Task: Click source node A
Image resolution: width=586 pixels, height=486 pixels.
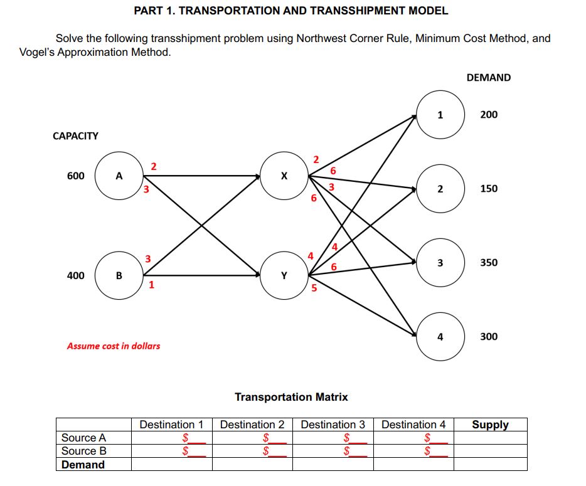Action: pyautogui.click(x=119, y=176)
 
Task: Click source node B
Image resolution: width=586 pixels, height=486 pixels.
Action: pyautogui.click(x=119, y=275)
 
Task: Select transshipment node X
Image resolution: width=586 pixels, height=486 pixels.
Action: pyautogui.click(x=284, y=176)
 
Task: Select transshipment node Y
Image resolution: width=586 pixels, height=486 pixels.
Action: pyautogui.click(x=284, y=275)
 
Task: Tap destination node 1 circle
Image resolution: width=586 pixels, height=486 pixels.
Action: pyautogui.click(x=440, y=115)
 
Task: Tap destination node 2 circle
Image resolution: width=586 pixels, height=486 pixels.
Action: pyautogui.click(x=440, y=189)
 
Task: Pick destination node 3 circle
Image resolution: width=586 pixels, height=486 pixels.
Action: pyautogui.click(x=440, y=263)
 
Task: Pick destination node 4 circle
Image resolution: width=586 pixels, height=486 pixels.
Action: pyautogui.click(x=440, y=337)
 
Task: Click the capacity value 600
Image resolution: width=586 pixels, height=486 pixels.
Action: pyautogui.click(x=75, y=176)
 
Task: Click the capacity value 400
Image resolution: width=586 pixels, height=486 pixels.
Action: pyautogui.click(x=75, y=275)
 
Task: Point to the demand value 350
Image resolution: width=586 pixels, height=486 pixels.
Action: pyautogui.click(x=489, y=263)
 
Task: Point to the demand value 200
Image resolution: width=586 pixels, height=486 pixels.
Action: pyautogui.click(x=489, y=115)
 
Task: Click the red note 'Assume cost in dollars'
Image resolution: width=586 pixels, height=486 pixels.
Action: pyautogui.click(x=113, y=346)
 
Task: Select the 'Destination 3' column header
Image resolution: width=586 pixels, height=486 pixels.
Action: pyautogui.click(x=333, y=425)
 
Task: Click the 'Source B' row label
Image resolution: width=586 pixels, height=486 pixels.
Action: pyautogui.click(x=84, y=451)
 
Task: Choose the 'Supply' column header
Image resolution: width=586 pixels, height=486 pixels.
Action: pyautogui.click(x=490, y=425)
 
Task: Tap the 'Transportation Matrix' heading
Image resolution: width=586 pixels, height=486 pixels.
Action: pyautogui.click(x=291, y=397)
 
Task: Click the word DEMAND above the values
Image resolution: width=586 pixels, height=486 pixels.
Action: pyautogui.click(x=489, y=78)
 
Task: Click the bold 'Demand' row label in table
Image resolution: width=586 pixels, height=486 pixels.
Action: pyautogui.click(x=83, y=465)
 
